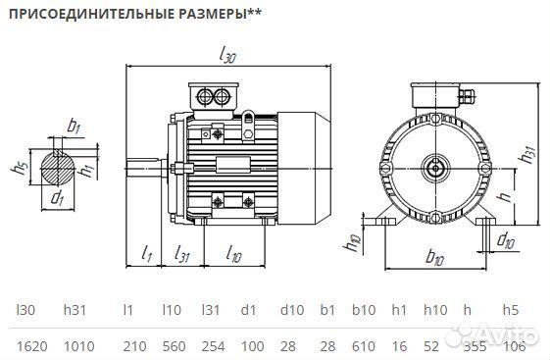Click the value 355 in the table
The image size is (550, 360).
click(473, 345)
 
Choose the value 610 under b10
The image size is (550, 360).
click(364, 345)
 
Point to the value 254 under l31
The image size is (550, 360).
click(214, 345)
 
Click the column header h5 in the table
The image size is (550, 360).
click(510, 310)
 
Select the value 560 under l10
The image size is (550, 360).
click(173, 345)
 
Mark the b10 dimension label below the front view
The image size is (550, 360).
click(436, 259)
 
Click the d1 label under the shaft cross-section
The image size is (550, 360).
click(59, 199)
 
